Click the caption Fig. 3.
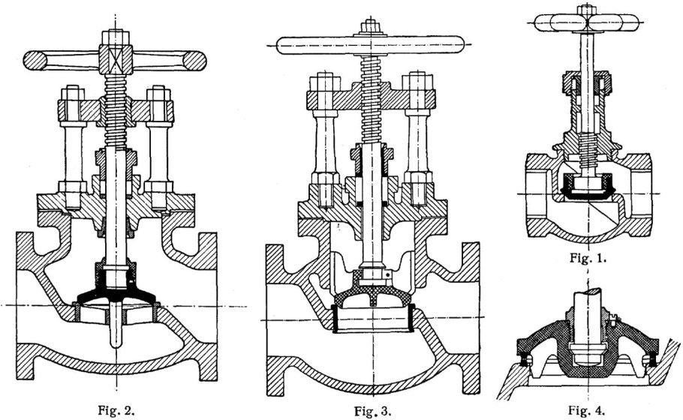(x=372, y=411)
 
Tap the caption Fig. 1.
(x=588, y=258)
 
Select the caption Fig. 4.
(x=587, y=410)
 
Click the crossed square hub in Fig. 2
(x=116, y=60)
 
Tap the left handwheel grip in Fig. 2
(x=35, y=61)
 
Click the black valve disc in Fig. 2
(x=116, y=288)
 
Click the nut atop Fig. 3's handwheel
(x=370, y=26)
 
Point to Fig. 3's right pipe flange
(x=471, y=319)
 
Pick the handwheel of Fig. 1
(x=587, y=22)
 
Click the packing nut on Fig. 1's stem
(x=587, y=82)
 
